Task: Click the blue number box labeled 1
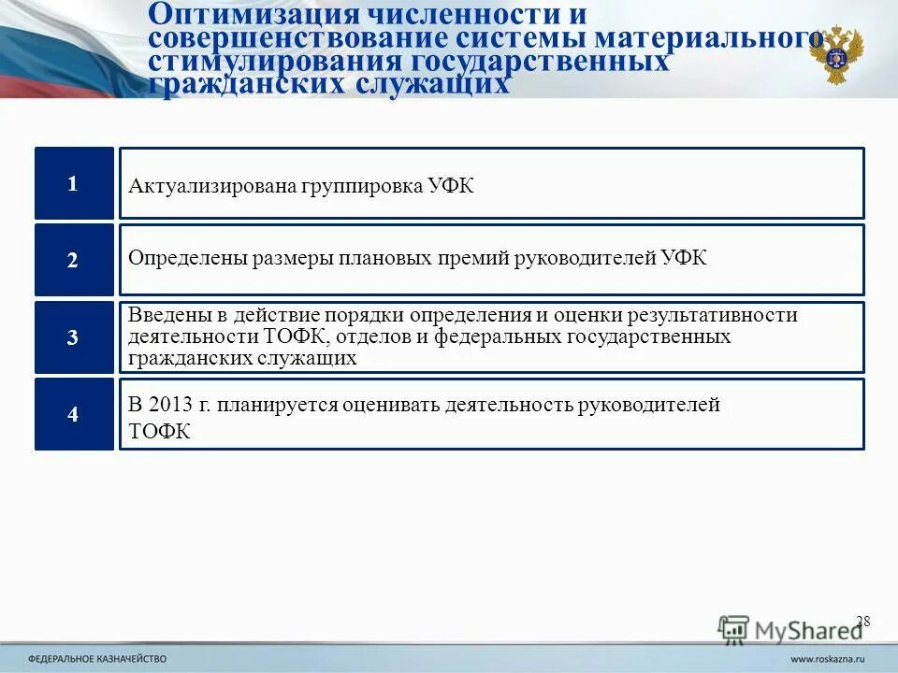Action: (74, 184)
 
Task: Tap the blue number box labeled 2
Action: (74, 261)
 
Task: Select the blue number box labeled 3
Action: (74, 337)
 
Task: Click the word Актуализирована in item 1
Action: (211, 186)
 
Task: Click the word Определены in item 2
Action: (186, 258)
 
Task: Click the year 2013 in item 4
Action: (170, 406)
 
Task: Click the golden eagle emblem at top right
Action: (836, 54)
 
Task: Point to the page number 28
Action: (862, 621)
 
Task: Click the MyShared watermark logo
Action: (790, 629)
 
